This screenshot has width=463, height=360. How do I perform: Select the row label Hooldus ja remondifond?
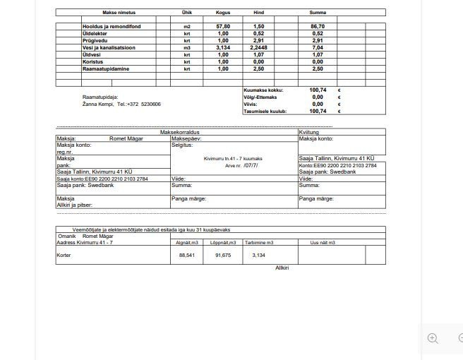click(111, 26)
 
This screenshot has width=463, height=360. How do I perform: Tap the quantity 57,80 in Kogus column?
click(223, 26)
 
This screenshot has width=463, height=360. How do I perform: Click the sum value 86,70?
click(318, 26)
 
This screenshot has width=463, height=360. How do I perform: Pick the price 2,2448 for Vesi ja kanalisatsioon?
click(258, 47)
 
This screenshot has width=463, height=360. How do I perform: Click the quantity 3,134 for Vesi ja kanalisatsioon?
click(223, 47)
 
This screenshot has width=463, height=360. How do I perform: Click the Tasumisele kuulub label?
click(265, 112)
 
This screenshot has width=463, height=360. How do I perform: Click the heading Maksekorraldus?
click(180, 132)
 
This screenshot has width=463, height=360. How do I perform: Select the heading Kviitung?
click(309, 132)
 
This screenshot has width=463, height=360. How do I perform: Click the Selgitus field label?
click(182, 145)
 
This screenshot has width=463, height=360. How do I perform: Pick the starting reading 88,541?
click(187, 256)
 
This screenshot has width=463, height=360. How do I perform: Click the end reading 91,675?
click(223, 256)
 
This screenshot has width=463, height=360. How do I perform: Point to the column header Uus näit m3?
click(323, 243)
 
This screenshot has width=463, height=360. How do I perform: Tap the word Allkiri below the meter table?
click(282, 268)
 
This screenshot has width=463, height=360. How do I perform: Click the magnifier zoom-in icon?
click(433, 338)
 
